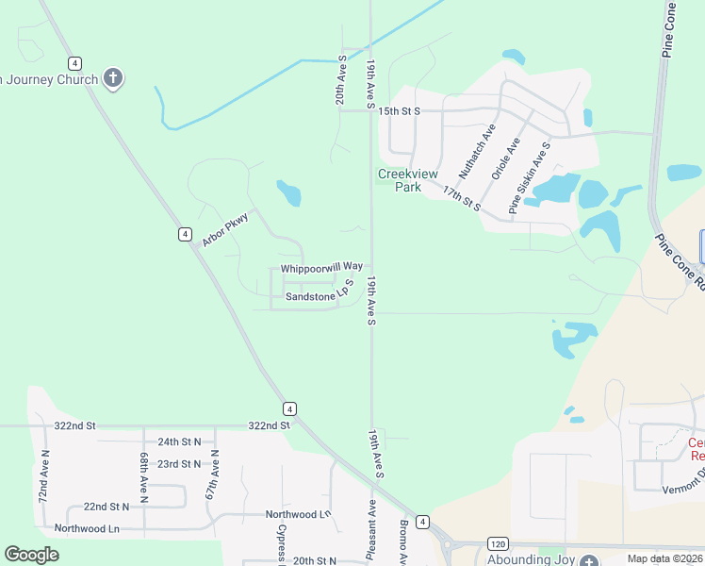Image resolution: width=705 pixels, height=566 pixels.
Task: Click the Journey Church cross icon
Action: (113, 78)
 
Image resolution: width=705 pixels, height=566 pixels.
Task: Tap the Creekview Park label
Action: (400, 180)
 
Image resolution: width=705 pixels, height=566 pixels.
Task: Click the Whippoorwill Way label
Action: (321, 267)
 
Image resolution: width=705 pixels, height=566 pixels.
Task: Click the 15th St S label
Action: (398, 111)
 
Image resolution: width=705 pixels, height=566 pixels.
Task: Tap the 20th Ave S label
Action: (341, 80)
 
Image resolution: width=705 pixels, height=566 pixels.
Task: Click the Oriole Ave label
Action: (505, 158)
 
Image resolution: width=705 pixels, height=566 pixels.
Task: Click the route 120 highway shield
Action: (500, 543)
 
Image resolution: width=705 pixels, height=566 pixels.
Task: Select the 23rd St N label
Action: (179, 464)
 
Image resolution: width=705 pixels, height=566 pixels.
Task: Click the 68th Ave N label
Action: (144, 477)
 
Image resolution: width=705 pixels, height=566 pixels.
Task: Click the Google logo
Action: (32, 555)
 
